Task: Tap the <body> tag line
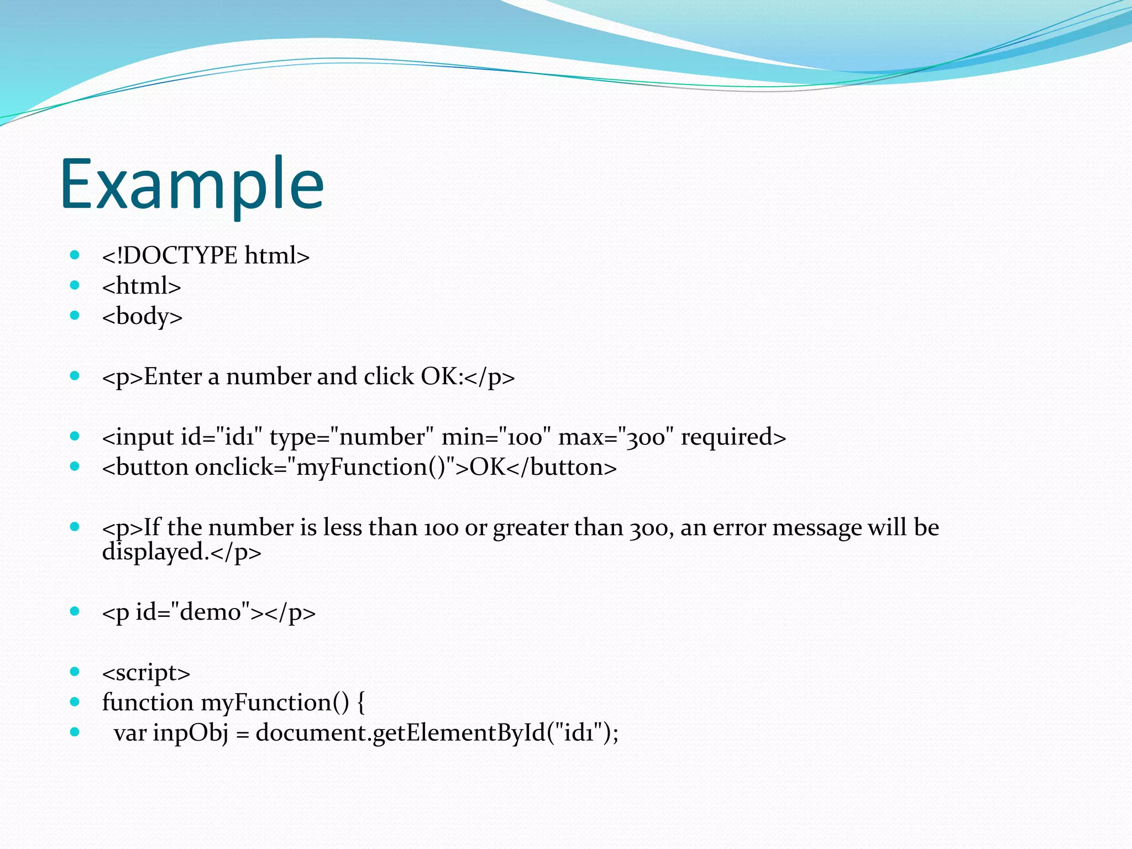click(142, 317)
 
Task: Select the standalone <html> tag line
click(141, 286)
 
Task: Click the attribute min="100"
click(496, 437)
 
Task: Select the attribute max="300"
click(616, 437)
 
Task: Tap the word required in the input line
click(726, 437)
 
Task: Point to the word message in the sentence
click(816, 528)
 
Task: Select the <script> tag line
click(146, 673)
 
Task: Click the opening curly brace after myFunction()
click(360, 703)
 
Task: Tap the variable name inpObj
click(190, 733)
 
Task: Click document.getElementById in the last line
click(400, 733)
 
